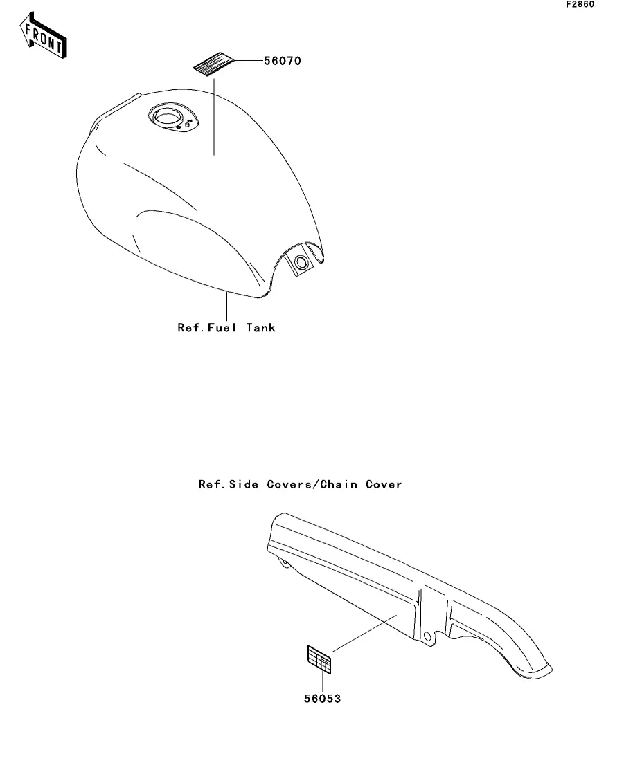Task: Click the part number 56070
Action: [282, 61]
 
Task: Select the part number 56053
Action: [322, 699]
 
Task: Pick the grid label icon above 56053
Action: [319, 659]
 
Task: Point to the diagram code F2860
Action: [580, 5]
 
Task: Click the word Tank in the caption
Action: [259, 328]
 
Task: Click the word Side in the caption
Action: [246, 485]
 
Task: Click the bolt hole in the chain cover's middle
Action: [427, 635]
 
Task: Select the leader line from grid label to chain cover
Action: [364, 632]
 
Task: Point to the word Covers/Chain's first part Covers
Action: [290, 485]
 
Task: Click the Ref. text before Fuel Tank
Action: [191, 328]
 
